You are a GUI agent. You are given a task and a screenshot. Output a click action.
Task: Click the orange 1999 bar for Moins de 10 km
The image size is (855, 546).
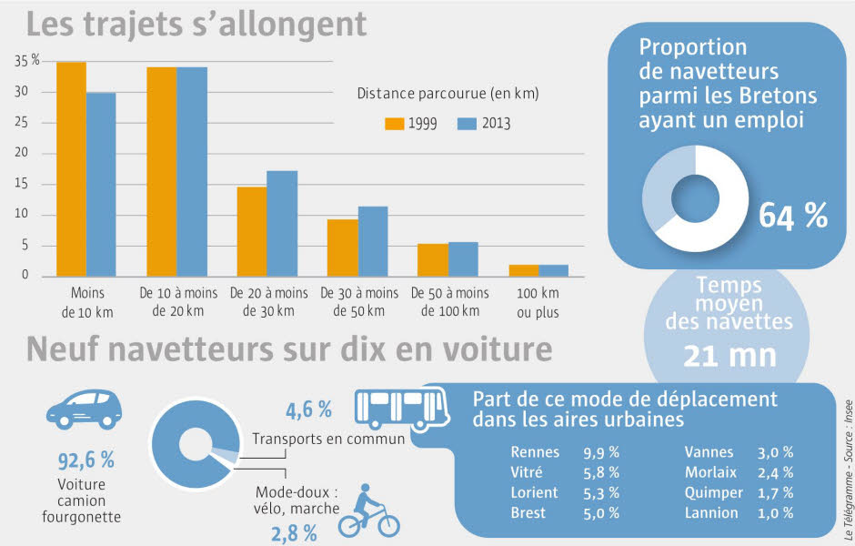71,169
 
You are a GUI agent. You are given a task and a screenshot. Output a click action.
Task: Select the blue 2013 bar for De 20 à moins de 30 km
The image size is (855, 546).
282,223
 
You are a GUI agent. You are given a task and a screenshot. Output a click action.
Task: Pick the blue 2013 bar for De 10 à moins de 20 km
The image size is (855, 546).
192,171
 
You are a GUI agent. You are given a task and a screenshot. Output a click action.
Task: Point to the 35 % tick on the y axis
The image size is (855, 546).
27,61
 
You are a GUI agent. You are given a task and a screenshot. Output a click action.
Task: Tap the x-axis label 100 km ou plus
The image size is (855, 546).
538,303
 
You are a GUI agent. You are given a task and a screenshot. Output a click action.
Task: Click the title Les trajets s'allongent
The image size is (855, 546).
196,24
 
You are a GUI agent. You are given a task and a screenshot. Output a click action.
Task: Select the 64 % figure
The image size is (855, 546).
793,216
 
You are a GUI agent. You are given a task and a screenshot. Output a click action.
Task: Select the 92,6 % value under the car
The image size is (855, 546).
80,459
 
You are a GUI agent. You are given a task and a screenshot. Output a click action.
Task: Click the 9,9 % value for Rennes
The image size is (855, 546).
601,452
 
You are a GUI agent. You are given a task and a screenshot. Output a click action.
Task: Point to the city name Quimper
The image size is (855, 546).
712,492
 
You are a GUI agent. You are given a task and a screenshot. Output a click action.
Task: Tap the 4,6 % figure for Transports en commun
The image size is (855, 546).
309,410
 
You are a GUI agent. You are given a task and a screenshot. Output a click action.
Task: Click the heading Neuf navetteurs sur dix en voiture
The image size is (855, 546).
289,349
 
